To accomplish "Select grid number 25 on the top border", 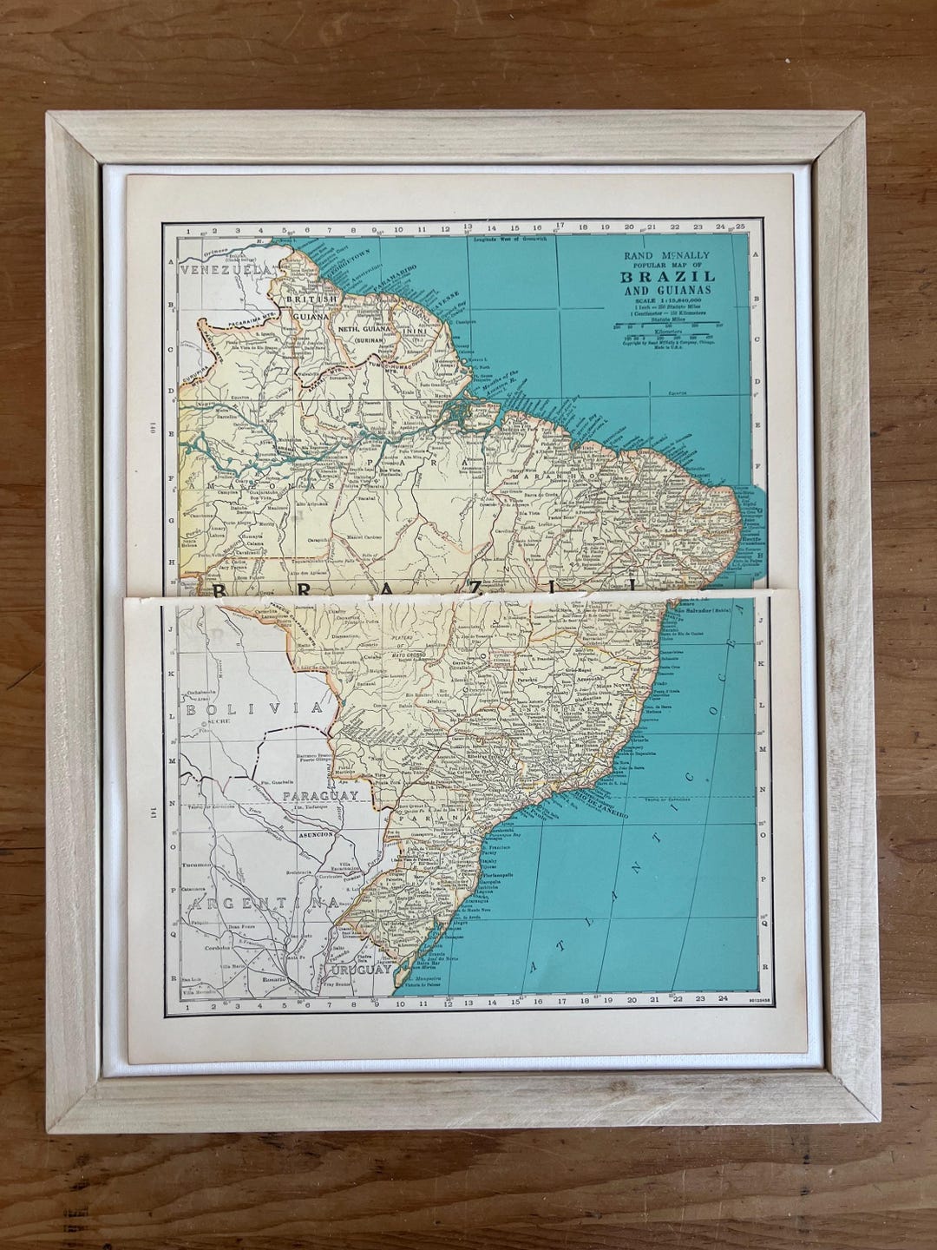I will pyautogui.click(x=739, y=226).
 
